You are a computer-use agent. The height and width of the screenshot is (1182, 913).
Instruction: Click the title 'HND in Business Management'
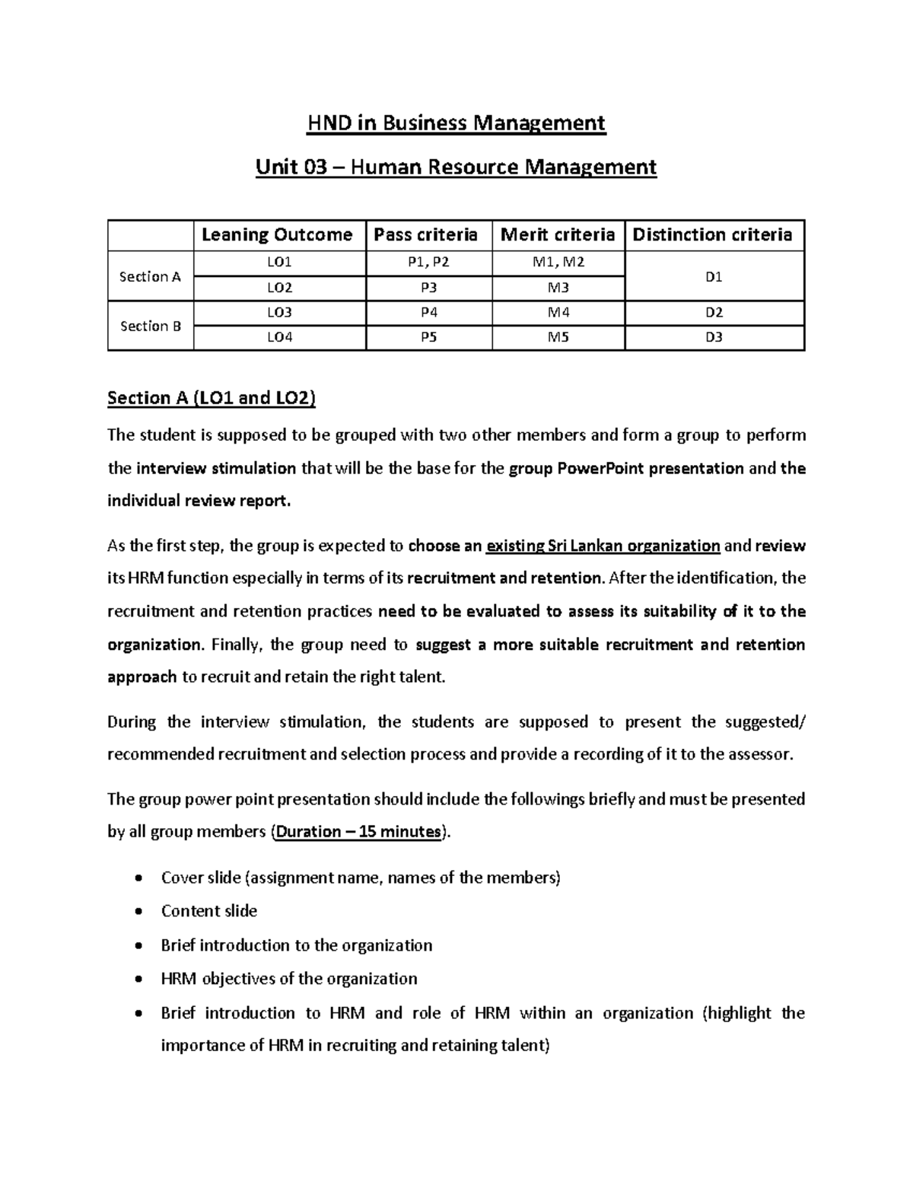click(456, 123)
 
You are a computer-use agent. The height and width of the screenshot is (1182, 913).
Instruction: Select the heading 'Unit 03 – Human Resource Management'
click(456, 167)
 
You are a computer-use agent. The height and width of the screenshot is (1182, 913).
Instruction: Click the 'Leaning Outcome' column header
click(277, 235)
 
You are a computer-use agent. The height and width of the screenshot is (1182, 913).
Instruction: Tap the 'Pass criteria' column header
click(426, 235)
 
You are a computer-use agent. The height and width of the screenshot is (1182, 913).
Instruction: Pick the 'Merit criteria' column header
click(558, 235)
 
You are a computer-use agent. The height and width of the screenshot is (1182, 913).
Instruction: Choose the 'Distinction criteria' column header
click(713, 235)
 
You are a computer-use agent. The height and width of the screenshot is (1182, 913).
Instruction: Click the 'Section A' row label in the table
click(151, 276)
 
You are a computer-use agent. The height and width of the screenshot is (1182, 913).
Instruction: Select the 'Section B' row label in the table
click(151, 326)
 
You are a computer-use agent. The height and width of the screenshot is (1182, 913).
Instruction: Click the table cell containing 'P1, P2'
click(429, 263)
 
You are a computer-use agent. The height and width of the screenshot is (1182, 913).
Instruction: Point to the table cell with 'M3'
click(558, 288)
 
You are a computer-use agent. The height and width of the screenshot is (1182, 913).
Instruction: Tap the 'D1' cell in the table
click(714, 276)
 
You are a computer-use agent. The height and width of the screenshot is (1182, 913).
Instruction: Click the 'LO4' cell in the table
click(279, 337)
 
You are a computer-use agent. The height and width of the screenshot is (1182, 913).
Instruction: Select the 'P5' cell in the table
click(429, 337)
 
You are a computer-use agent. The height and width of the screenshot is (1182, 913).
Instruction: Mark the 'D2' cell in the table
click(714, 313)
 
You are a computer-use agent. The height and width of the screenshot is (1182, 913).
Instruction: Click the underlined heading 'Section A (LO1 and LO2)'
click(212, 398)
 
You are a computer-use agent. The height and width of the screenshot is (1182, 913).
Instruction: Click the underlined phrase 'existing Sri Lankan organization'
click(603, 546)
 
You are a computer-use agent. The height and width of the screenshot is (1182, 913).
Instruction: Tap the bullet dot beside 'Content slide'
click(137, 912)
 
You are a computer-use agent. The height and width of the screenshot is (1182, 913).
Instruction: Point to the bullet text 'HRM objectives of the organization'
click(289, 979)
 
